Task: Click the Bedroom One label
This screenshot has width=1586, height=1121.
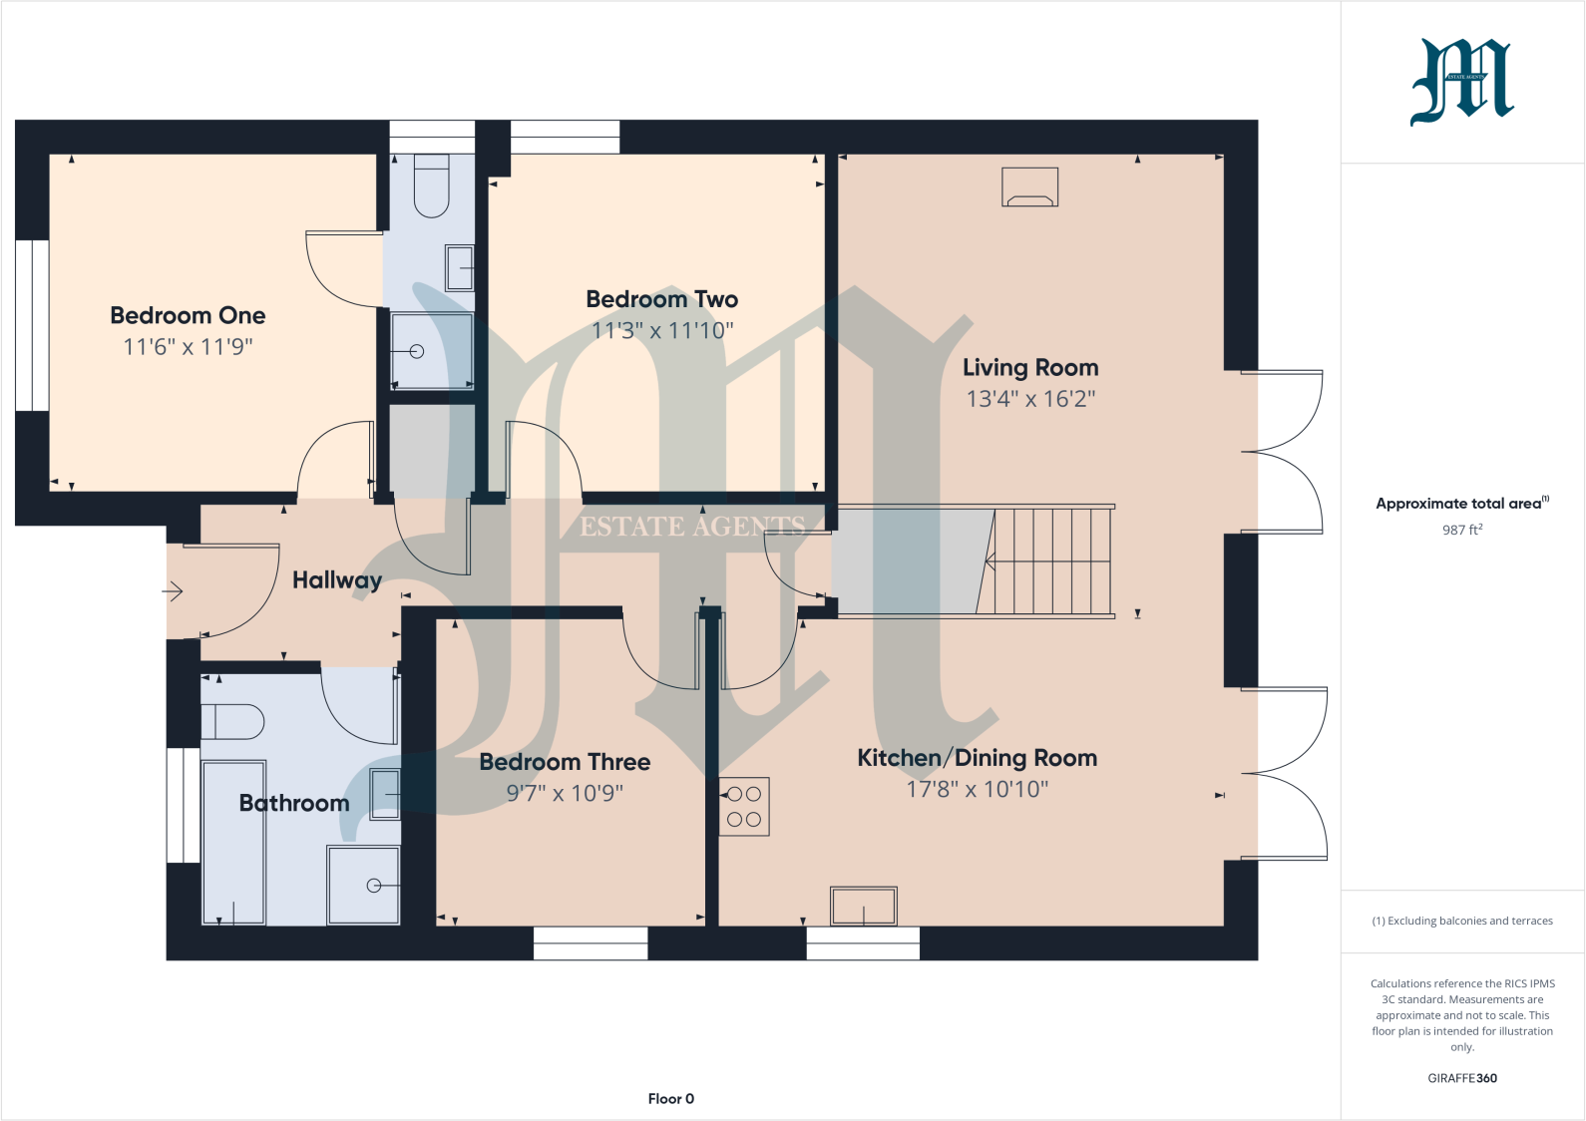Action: click(188, 315)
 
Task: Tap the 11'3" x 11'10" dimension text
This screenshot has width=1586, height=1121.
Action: click(662, 330)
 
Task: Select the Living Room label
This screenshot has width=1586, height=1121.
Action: click(1030, 367)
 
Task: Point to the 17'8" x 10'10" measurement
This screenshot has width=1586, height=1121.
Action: click(977, 789)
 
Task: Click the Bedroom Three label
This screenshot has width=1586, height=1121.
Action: click(565, 762)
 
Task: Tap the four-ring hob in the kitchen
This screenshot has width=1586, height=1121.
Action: click(744, 806)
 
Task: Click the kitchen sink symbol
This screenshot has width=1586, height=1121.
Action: click(864, 906)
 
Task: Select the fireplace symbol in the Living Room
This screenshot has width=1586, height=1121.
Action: click(1029, 187)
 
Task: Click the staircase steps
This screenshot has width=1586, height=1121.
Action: click(1052, 561)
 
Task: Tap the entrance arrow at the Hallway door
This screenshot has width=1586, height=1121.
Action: click(174, 591)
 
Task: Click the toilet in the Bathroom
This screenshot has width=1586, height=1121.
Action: click(232, 721)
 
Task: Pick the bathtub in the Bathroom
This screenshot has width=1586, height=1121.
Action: click(233, 843)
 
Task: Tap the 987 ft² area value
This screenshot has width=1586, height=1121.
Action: click(1461, 530)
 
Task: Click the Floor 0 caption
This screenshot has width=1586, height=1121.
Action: click(670, 1098)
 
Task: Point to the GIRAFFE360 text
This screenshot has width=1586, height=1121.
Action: click(1461, 1078)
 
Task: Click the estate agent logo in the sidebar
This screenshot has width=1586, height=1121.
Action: click(1461, 82)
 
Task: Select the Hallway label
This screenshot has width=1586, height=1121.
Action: click(336, 580)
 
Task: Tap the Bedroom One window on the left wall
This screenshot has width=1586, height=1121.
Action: click(32, 325)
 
